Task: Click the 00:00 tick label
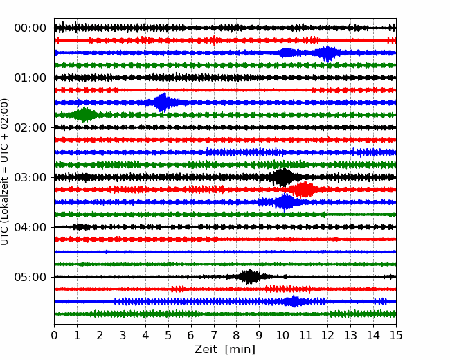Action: pyautogui.click(x=30, y=28)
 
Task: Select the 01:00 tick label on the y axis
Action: pyautogui.click(x=30, y=78)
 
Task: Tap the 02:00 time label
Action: pyautogui.click(x=30, y=127)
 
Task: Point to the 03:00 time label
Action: pyautogui.click(x=30, y=177)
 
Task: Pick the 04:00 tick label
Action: pyautogui.click(x=30, y=227)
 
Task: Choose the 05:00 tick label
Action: pyautogui.click(x=30, y=277)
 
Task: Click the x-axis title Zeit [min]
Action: pyautogui.click(x=224, y=350)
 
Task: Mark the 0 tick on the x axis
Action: pyautogui.click(x=54, y=336)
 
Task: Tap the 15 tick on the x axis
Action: pyautogui.click(x=396, y=336)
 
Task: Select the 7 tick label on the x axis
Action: pyautogui.click(x=214, y=336)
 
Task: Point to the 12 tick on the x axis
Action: pyautogui.click(x=327, y=336)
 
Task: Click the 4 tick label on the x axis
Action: pyautogui.click(x=145, y=336)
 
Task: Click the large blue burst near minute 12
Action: pyautogui.click(x=327, y=53)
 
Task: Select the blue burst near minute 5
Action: pyautogui.click(x=163, y=102)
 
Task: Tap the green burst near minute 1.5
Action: pyautogui.click(x=85, y=115)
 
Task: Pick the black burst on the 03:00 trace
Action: pyautogui.click(x=282, y=177)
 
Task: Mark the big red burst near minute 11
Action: pyautogui.click(x=303, y=190)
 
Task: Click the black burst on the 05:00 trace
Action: pyautogui.click(x=250, y=277)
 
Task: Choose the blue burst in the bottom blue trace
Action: pyautogui.click(x=294, y=301)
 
